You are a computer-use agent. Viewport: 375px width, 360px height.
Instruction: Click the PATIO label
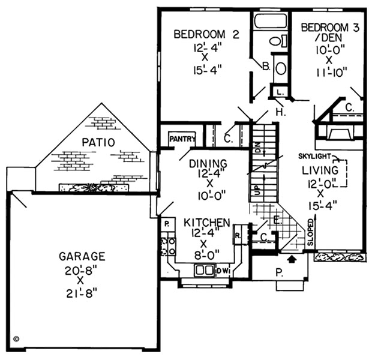pyautogui.click(x=98, y=143)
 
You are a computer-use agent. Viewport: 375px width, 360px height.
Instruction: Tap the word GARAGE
pyautogui.click(x=82, y=256)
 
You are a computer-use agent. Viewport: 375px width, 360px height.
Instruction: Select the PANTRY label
pyautogui.click(x=182, y=139)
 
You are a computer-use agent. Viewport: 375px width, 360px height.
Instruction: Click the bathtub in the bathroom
pyautogui.click(x=271, y=22)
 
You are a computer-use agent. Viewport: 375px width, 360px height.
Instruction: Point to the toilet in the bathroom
pyautogui.click(x=278, y=41)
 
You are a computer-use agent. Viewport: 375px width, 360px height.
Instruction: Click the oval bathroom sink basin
pyautogui.click(x=281, y=68)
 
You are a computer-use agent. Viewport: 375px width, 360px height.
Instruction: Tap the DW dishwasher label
pyautogui.click(x=223, y=271)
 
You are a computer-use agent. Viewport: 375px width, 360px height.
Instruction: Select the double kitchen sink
pyautogui.click(x=204, y=270)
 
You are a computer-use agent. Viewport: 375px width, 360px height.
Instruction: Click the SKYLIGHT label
pyautogui.click(x=314, y=156)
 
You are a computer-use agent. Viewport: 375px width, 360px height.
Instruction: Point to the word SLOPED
pyautogui.click(x=310, y=232)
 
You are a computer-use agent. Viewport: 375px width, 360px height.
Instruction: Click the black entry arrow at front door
pyautogui.click(x=291, y=259)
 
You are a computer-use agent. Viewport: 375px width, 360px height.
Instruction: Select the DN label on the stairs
pyautogui.click(x=258, y=148)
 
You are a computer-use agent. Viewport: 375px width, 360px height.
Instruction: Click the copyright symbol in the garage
pyautogui.click(x=16, y=338)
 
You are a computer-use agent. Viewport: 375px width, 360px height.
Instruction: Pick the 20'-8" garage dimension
pyautogui.click(x=81, y=271)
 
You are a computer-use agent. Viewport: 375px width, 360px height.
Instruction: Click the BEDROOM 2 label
pyautogui.click(x=206, y=34)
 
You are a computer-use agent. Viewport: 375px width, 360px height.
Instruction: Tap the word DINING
pyautogui.click(x=208, y=164)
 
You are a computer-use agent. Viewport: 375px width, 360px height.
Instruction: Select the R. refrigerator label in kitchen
pyautogui.click(x=238, y=236)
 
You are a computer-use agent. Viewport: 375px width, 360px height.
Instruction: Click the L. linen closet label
pyautogui.click(x=280, y=92)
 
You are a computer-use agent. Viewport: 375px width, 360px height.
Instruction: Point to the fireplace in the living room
pyautogui.click(x=340, y=133)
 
